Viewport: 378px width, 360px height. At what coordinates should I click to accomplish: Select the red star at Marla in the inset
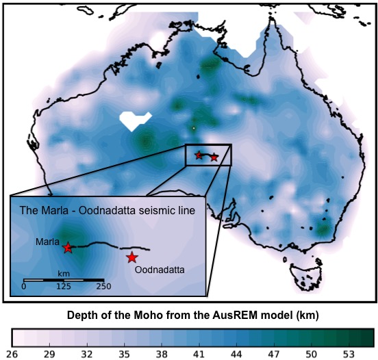(x=68, y=247)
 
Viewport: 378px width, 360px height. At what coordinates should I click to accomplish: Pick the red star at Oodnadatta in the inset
(x=131, y=257)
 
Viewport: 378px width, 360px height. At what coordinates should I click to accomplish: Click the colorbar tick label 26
(x=12, y=354)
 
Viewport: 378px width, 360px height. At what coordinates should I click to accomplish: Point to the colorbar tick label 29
(x=49, y=354)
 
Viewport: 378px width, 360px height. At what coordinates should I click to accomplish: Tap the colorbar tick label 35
(x=124, y=354)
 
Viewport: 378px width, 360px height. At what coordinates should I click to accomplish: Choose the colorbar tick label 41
(x=199, y=354)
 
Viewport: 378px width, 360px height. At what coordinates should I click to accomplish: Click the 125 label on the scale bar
(x=63, y=287)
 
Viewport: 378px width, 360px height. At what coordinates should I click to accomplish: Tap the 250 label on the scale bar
(x=103, y=287)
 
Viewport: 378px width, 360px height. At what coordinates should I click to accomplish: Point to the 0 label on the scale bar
(x=24, y=287)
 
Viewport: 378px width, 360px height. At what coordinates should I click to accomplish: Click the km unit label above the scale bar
(x=64, y=272)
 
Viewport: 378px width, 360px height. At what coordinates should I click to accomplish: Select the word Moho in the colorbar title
(x=157, y=316)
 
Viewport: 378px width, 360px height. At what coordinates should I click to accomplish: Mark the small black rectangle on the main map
(x=209, y=155)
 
